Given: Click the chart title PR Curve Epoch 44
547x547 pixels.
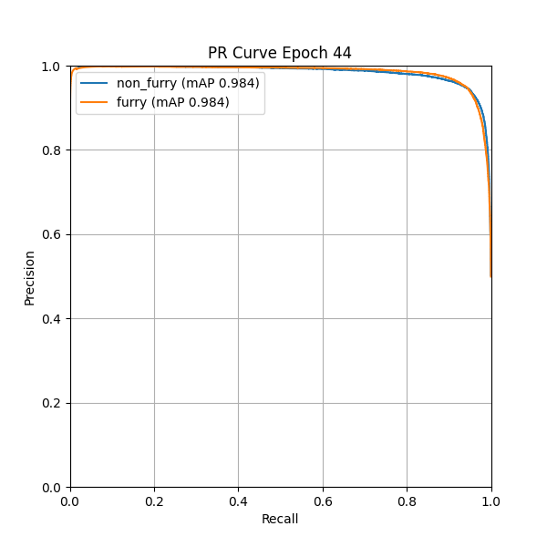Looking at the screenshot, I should [280, 53].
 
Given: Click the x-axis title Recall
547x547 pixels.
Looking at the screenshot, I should [280, 520].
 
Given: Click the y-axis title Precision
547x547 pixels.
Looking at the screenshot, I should [29, 277].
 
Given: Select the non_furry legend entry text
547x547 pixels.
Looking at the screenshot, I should [188, 83].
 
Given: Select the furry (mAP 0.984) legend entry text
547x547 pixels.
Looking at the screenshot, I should [173, 102].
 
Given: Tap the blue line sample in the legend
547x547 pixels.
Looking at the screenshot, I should [95, 83].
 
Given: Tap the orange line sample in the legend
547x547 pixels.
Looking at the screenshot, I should [95, 102].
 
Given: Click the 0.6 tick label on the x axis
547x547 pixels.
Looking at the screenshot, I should [323, 501].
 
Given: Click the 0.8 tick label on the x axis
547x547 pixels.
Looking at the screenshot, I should [407, 501].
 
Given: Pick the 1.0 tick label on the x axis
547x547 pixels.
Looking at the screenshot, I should [490, 501].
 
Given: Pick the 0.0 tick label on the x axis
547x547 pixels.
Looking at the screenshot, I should [70, 501].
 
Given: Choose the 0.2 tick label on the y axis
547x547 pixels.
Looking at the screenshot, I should [53, 403].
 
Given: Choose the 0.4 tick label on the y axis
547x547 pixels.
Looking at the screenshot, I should [53, 319].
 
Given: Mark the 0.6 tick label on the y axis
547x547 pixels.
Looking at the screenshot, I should [53, 234].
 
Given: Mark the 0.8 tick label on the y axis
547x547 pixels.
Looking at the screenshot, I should [53, 150].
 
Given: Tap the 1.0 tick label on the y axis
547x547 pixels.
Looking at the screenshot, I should [53, 67].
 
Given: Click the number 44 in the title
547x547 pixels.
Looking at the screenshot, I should [342, 53].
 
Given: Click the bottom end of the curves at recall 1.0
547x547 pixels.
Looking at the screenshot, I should [490, 275].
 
